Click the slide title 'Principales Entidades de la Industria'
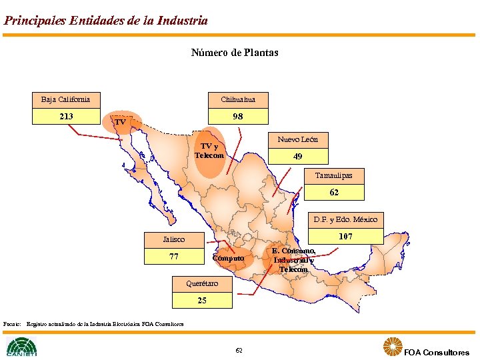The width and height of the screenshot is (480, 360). click(x=105, y=21)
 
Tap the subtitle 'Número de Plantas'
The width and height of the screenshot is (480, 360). click(x=235, y=52)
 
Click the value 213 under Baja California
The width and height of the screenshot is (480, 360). click(x=66, y=117)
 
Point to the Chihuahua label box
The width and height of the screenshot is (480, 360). click(x=238, y=99)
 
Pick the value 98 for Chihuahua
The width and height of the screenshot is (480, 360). click(x=238, y=117)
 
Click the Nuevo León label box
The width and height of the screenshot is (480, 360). click(x=297, y=139)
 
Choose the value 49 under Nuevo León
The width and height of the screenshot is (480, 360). click(x=297, y=157)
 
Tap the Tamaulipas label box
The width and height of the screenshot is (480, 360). click(x=334, y=175)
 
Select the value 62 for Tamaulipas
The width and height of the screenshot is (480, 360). click(x=334, y=193)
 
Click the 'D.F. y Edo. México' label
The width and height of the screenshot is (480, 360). click(x=345, y=219)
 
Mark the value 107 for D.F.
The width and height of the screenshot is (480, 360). click(x=345, y=237)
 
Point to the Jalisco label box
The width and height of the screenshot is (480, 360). click(x=174, y=239)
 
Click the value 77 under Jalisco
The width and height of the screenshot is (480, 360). click(x=174, y=257)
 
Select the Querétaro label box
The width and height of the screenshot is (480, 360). click(x=202, y=283)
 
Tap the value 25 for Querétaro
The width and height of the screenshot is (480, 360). click(x=202, y=301)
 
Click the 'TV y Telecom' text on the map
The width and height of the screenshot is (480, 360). click(x=209, y=151)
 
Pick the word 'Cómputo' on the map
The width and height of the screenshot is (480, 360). click(x=228, y=258)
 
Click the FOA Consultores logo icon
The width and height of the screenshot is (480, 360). click(x=393, y=346)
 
